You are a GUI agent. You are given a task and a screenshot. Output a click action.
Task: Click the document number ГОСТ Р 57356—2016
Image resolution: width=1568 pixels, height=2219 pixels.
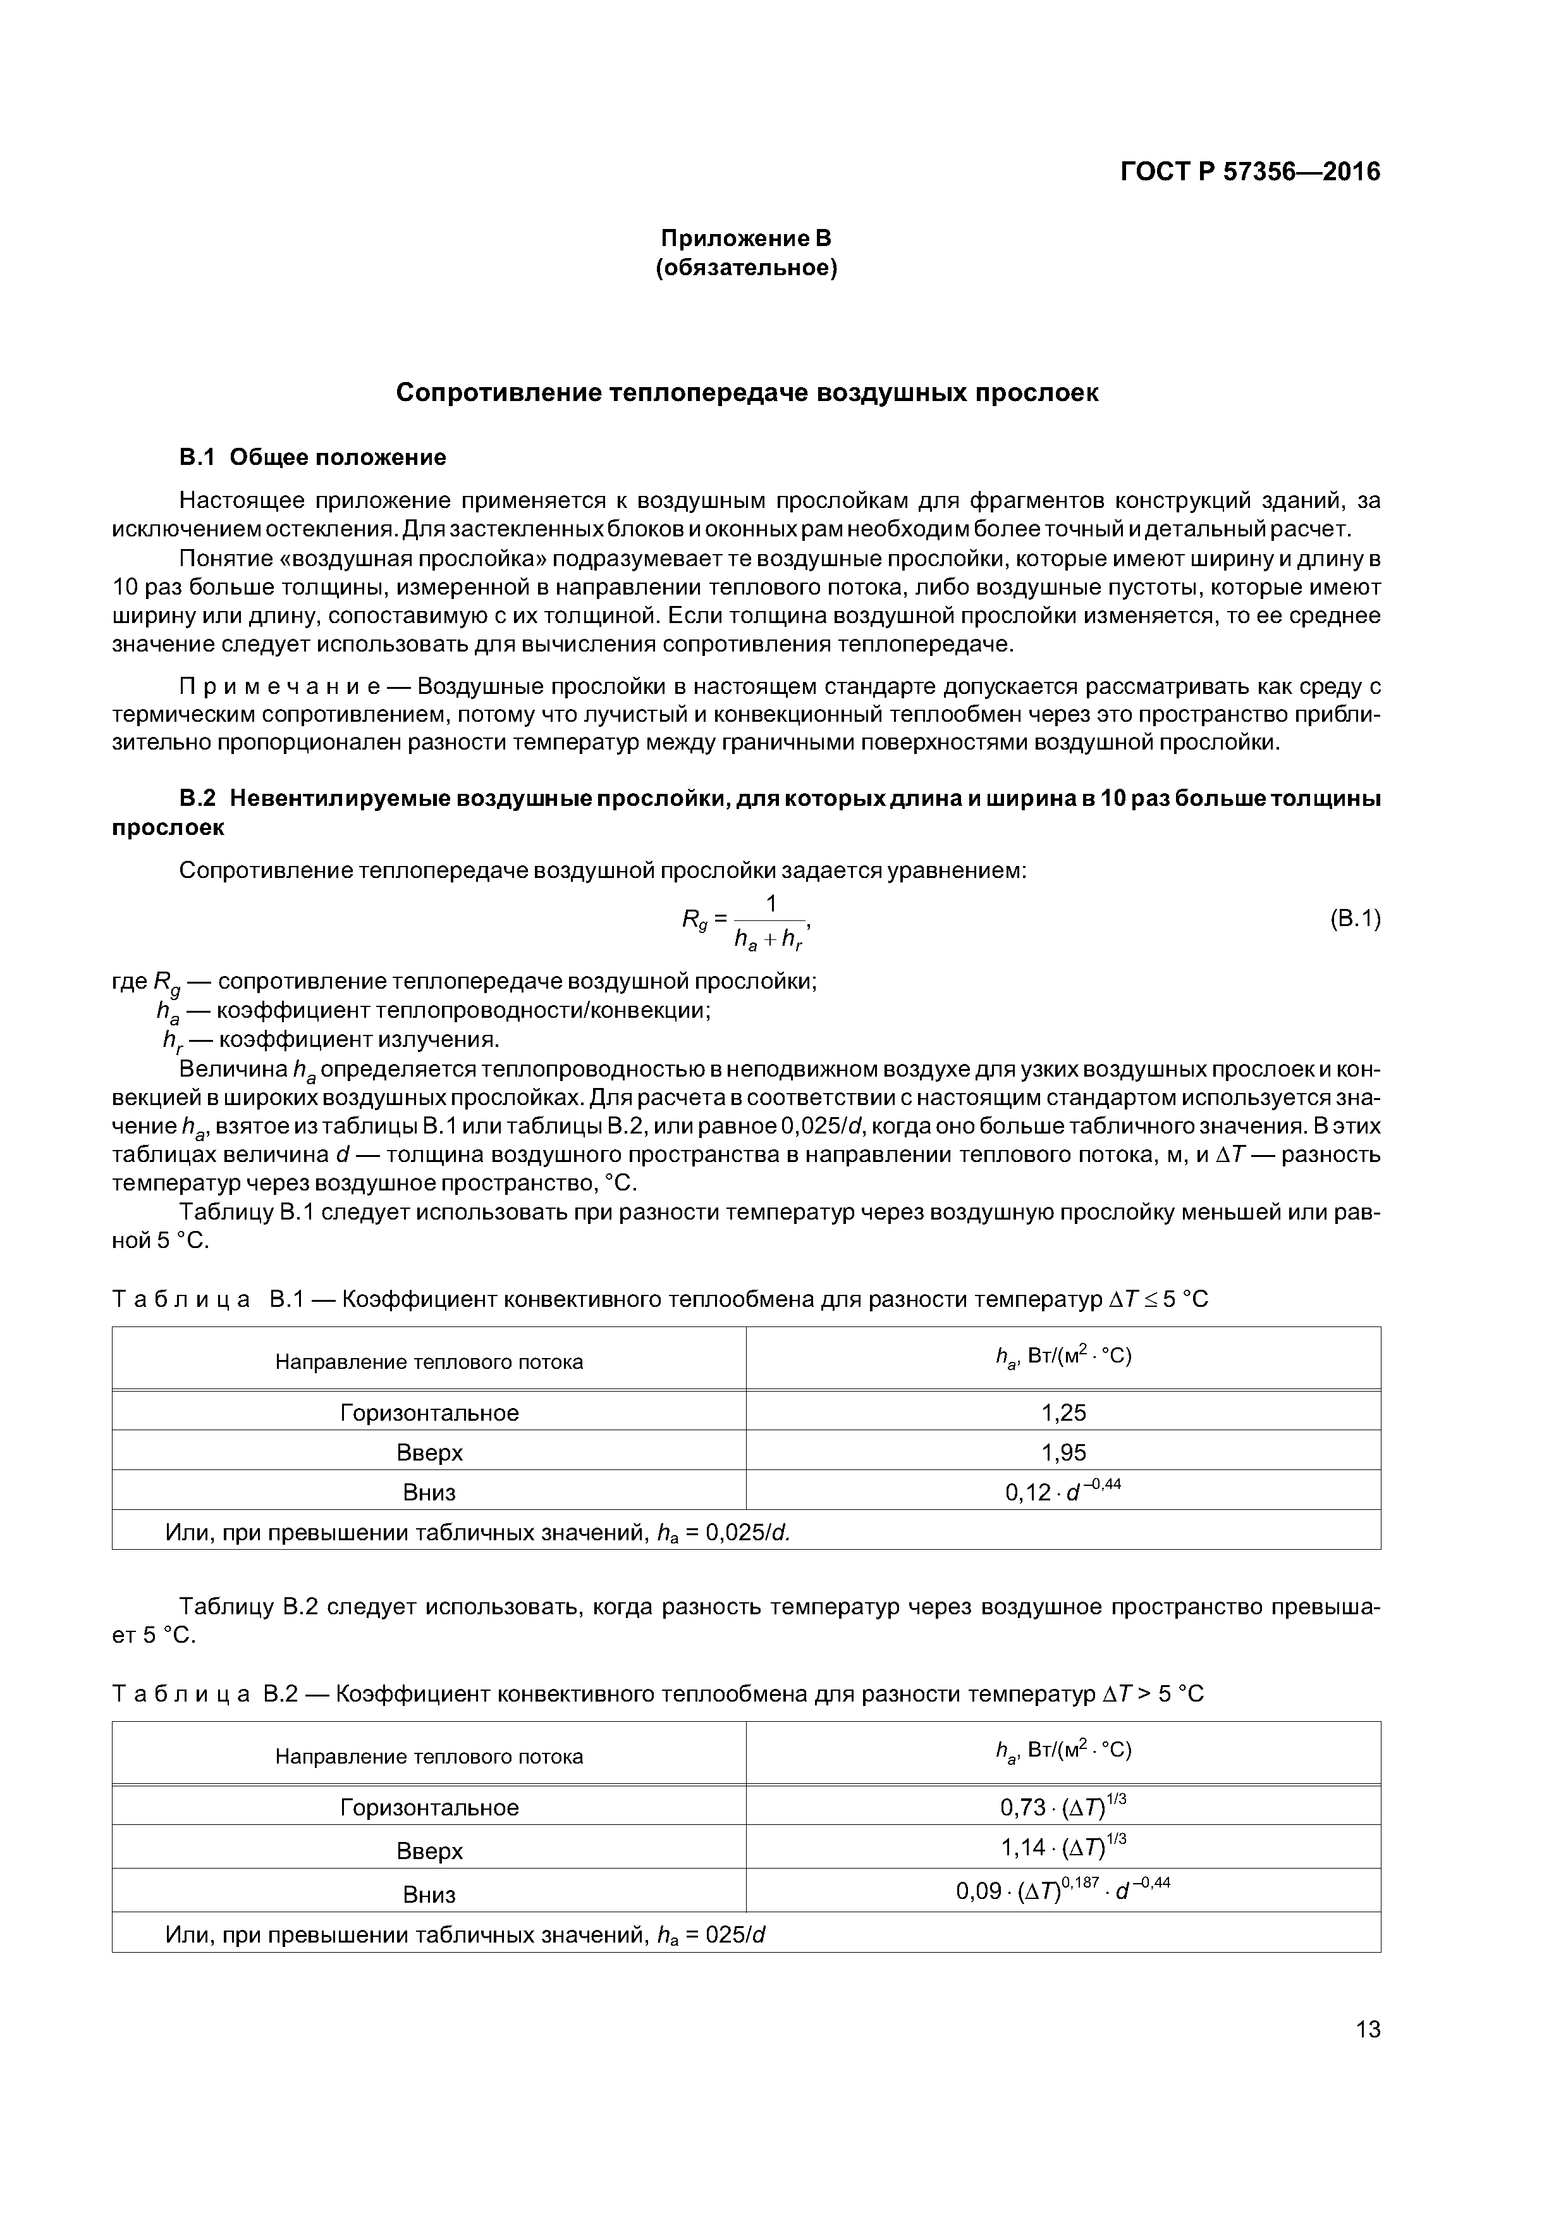[1250, 172]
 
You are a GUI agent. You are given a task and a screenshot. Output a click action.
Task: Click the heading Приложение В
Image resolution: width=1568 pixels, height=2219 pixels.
[746, 238]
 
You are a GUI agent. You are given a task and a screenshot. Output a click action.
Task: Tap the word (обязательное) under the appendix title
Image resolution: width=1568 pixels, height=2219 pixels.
[746, 268]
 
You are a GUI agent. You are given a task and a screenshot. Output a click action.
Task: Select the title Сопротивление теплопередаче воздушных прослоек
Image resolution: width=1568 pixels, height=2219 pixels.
[747, 393]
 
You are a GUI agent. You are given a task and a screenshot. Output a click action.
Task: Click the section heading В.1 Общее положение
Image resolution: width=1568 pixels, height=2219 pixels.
[313, 457]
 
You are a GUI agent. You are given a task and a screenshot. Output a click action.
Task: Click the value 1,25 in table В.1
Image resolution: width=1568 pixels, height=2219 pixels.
[1063, 1413]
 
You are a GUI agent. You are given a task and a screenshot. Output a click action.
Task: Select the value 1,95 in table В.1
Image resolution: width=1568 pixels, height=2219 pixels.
[1063, 1452]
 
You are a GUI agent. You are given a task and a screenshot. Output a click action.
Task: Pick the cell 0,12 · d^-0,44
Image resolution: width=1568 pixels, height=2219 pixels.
[1063, 1492]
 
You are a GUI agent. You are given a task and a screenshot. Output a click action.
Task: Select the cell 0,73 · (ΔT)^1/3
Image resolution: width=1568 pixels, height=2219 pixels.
[1063, 1807]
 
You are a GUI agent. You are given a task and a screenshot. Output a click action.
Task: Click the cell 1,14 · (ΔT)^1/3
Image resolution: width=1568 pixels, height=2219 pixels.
[1063, 1849]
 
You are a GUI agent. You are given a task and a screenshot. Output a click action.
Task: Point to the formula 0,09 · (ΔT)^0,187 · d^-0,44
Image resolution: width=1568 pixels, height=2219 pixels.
[1063, 1891]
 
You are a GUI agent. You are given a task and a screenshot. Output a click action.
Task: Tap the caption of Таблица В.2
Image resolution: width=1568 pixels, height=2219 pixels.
[657, 1694]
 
